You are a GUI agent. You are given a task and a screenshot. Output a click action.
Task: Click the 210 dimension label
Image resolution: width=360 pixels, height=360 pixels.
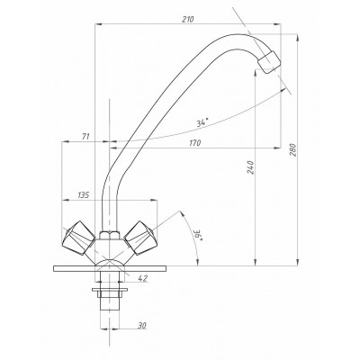tap(188, 19)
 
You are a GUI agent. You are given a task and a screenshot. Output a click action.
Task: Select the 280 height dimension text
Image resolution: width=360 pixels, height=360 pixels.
tap(293, 150)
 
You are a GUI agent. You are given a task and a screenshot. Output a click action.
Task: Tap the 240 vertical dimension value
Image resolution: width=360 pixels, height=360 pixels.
tap(250, 167)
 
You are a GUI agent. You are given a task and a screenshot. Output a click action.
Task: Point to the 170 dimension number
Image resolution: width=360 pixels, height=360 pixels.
tap(194, 143)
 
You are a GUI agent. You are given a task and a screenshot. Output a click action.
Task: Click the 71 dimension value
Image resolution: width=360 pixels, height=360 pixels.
tap(85, 137)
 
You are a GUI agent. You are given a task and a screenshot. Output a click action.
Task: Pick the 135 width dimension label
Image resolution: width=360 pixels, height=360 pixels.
tap(83, 195)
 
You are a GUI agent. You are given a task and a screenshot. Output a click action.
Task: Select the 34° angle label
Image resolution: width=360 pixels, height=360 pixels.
tap(202, 122)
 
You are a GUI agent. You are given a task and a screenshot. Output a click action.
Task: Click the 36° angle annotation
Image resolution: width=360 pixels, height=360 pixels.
tap(199, 236)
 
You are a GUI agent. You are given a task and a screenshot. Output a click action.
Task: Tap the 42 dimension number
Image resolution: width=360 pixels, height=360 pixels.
tap(143, 278)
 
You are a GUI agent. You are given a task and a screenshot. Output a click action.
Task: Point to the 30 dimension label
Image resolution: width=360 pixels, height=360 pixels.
tap(142, 325)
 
